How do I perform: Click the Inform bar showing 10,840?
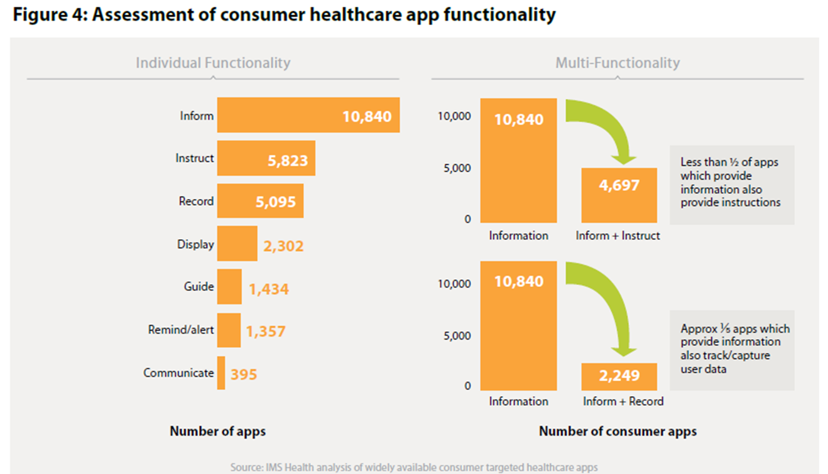tap(308, 116)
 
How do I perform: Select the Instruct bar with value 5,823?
tap(266, 158)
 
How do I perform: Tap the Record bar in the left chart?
tap(260, 201)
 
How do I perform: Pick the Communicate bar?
tap(221, 373)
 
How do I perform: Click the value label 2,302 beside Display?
tap(283, 245)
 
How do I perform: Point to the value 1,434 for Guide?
tap(269, 289)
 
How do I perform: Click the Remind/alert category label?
tap(181, 330)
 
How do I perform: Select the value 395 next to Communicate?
tap(244, 375)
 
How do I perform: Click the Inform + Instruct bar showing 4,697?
tap(619, 195)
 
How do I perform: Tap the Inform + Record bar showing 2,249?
tap(619, 376)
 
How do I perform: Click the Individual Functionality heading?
tap(213, 63)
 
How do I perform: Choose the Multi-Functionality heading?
tap(617, 63)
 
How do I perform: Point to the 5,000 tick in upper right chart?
tap(457, 168)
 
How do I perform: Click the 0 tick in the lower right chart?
tap(467, 386)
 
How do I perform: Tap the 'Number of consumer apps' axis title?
tap(618, 431)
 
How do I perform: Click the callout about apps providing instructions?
tap(731, 183)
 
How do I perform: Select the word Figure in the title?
tap(40, 15)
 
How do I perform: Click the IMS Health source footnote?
tap(414, 467)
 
